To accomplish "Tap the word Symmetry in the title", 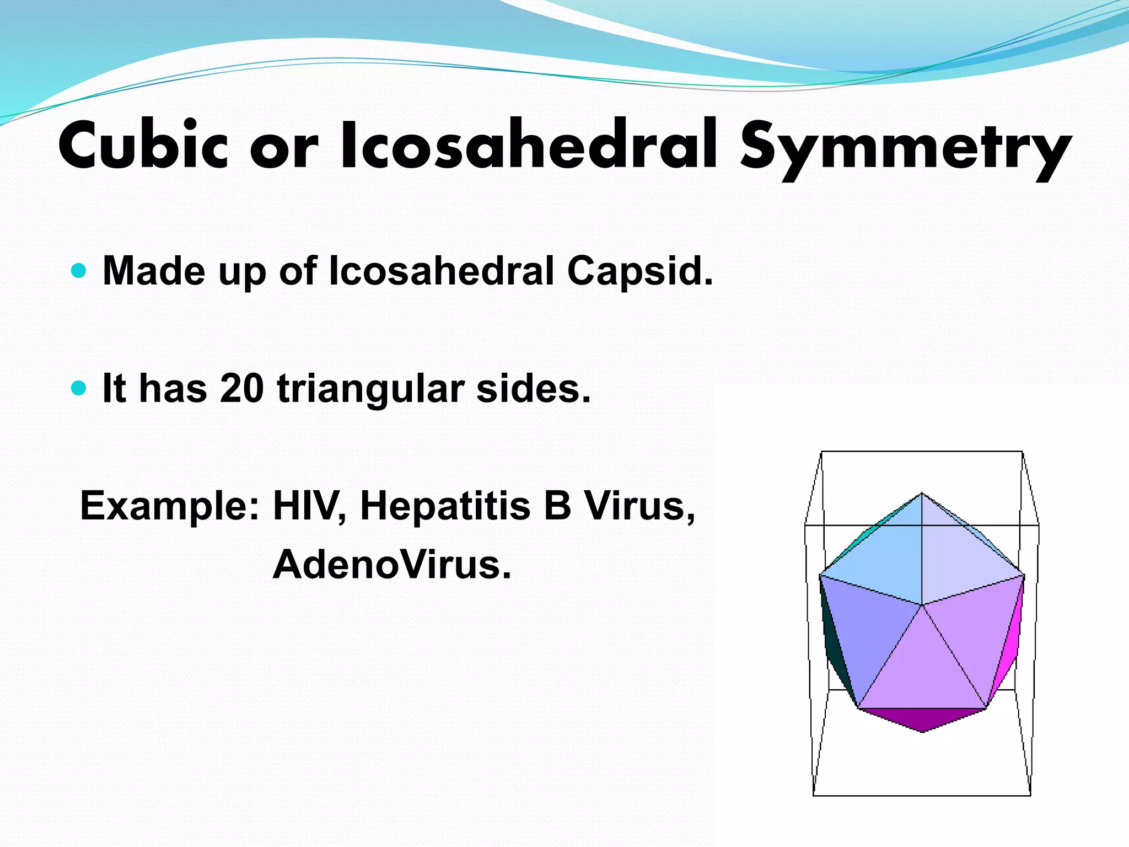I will click(904, 148).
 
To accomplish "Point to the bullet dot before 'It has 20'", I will click(79, 388).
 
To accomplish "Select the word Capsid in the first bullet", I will click(639, 272).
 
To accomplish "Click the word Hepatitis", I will click(445, 506).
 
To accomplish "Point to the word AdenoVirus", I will click(392, 565).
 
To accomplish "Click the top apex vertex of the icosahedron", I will click(922, 493).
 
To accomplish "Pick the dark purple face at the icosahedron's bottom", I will click(922, 719).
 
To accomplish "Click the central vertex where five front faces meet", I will click(922, 605).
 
